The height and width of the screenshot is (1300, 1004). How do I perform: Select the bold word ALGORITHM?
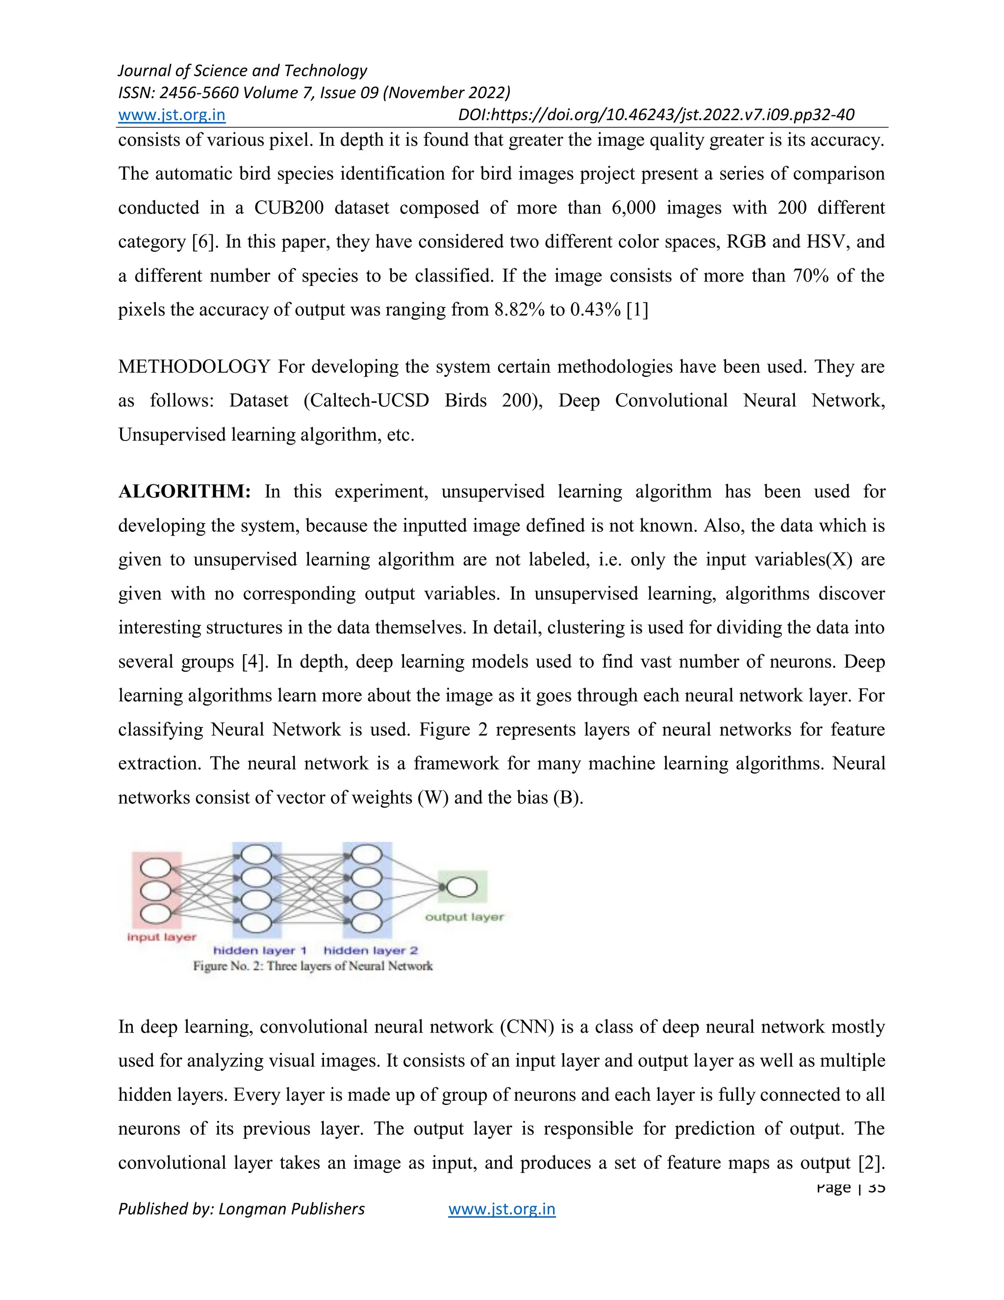[184, 492]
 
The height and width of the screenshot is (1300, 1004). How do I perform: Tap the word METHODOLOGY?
[194, 366]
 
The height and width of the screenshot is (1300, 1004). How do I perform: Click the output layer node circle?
[462, 887]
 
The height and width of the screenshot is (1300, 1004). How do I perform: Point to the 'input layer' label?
[161, 937]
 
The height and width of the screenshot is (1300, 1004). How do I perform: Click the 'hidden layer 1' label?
[260, 951]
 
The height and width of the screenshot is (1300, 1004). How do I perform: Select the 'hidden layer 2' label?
[371, 951]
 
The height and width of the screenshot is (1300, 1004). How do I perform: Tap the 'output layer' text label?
[464, 917]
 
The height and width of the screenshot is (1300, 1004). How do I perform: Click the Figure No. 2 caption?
[313, 966]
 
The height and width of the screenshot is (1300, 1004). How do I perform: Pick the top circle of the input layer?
[156, 868]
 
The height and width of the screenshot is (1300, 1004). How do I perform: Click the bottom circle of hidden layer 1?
[256, 923]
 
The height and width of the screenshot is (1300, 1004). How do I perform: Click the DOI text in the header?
[655, 115]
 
